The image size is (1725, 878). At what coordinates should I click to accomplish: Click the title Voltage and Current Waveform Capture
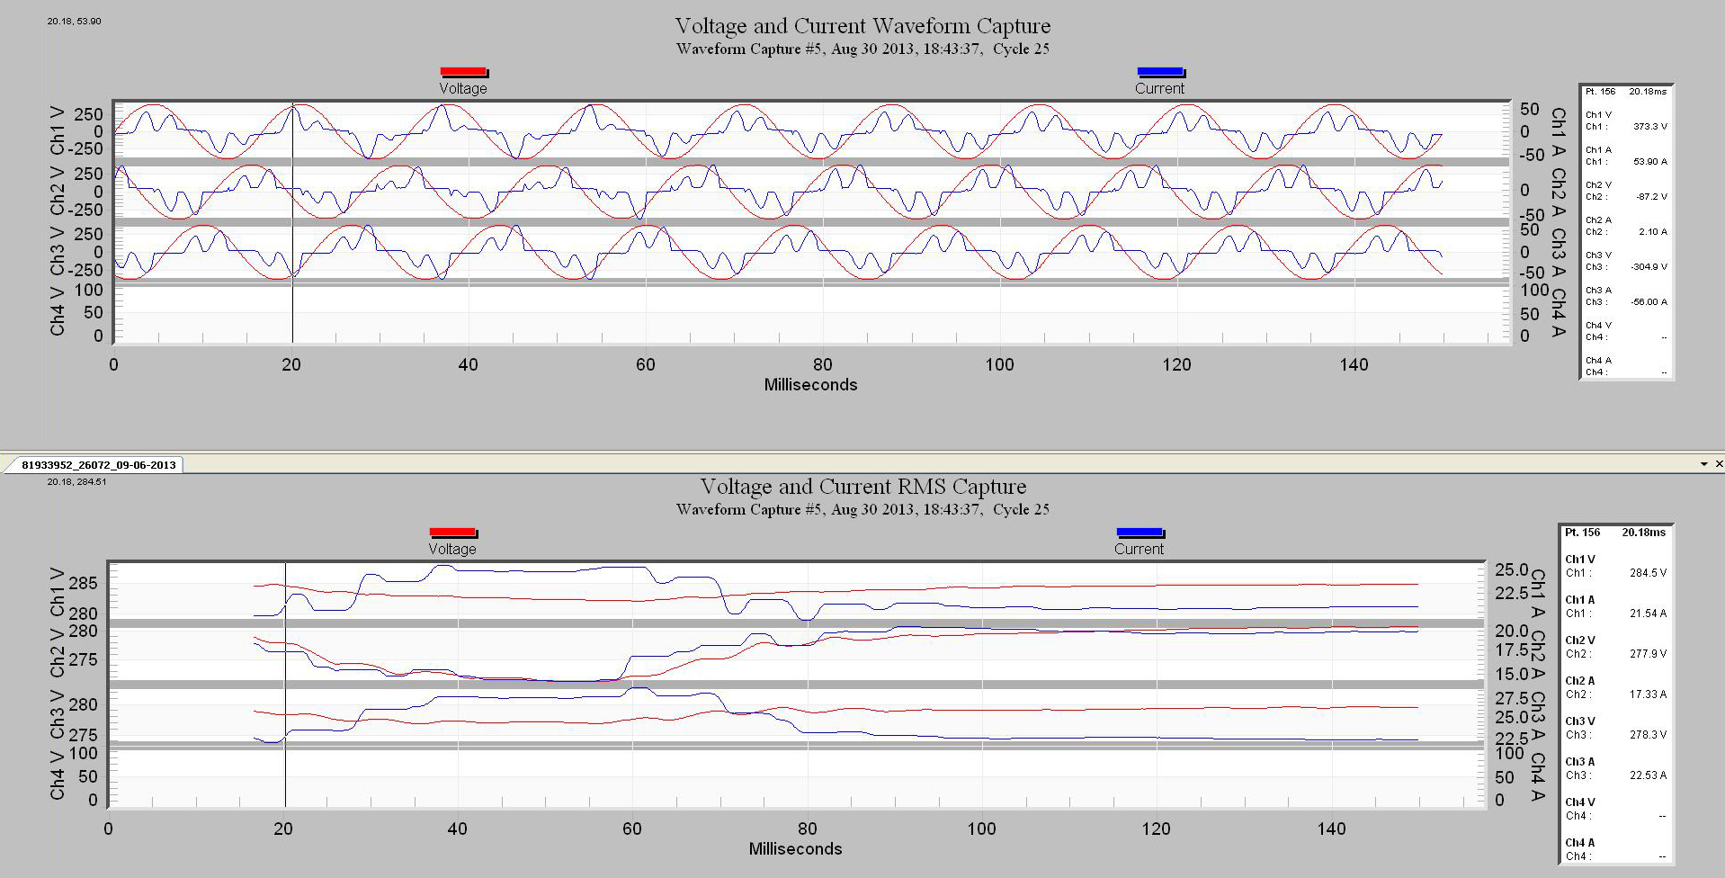(x=862, y=26)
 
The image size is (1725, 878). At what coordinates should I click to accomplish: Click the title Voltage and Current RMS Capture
(x=862, y=487)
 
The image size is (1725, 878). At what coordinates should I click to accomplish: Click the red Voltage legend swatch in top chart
(x=463, y=72)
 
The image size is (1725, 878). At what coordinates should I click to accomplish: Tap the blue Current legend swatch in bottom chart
(x=1140, y=533)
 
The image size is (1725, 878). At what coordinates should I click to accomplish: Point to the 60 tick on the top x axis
(x=645, y=364)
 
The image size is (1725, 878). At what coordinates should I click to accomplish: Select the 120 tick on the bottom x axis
(x=1156, y=829)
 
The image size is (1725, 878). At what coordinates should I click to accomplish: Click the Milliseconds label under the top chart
(x=810, y=385)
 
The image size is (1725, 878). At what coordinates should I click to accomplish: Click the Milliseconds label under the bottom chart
(x=795, y=848)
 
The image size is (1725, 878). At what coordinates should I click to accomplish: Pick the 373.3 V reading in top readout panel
(x=1649, y=127)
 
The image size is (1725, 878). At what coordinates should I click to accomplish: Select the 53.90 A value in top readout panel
(x=1650, y=162)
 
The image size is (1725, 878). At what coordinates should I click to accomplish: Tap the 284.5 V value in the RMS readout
(x=1647, y=573)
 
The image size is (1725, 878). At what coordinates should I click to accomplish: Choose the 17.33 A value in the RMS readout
(x=1647, y=694)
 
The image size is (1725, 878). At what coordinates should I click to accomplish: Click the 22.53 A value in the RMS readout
(x=1647, y=775)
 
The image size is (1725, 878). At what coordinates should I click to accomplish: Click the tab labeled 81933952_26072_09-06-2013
(x=98, y=465)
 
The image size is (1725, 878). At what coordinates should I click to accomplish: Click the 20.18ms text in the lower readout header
(x=1643, y=533)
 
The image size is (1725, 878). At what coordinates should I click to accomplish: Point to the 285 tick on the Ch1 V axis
(x=83, y=583)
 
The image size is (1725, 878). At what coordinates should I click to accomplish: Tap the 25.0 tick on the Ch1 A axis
(x=1511, y=570)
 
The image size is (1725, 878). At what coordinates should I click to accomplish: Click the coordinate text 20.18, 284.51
(x=76, y=482)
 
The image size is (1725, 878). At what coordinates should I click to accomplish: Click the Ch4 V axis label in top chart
(x=58, y=311)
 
